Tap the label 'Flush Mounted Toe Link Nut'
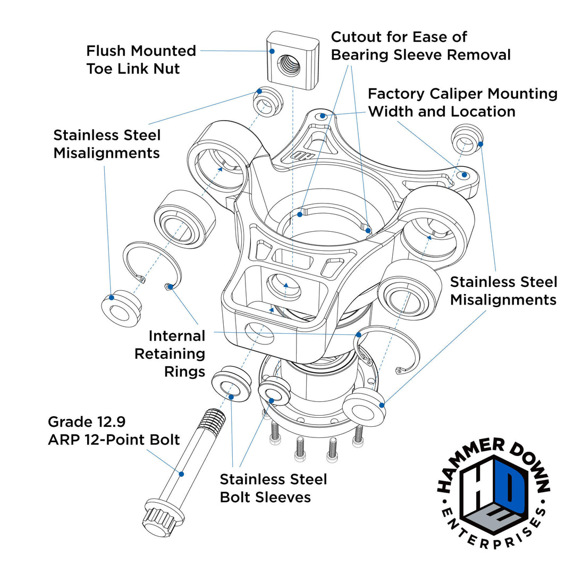141,60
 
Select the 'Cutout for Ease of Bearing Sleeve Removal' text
420,46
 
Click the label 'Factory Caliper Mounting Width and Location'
462,103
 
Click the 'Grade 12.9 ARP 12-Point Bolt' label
113,431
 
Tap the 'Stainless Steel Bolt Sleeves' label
273,488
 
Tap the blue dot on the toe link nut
272,51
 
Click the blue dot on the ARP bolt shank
181,474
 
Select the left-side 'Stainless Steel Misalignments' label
107,144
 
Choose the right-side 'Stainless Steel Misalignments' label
503,291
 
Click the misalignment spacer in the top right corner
466,139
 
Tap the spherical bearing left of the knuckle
184,219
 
